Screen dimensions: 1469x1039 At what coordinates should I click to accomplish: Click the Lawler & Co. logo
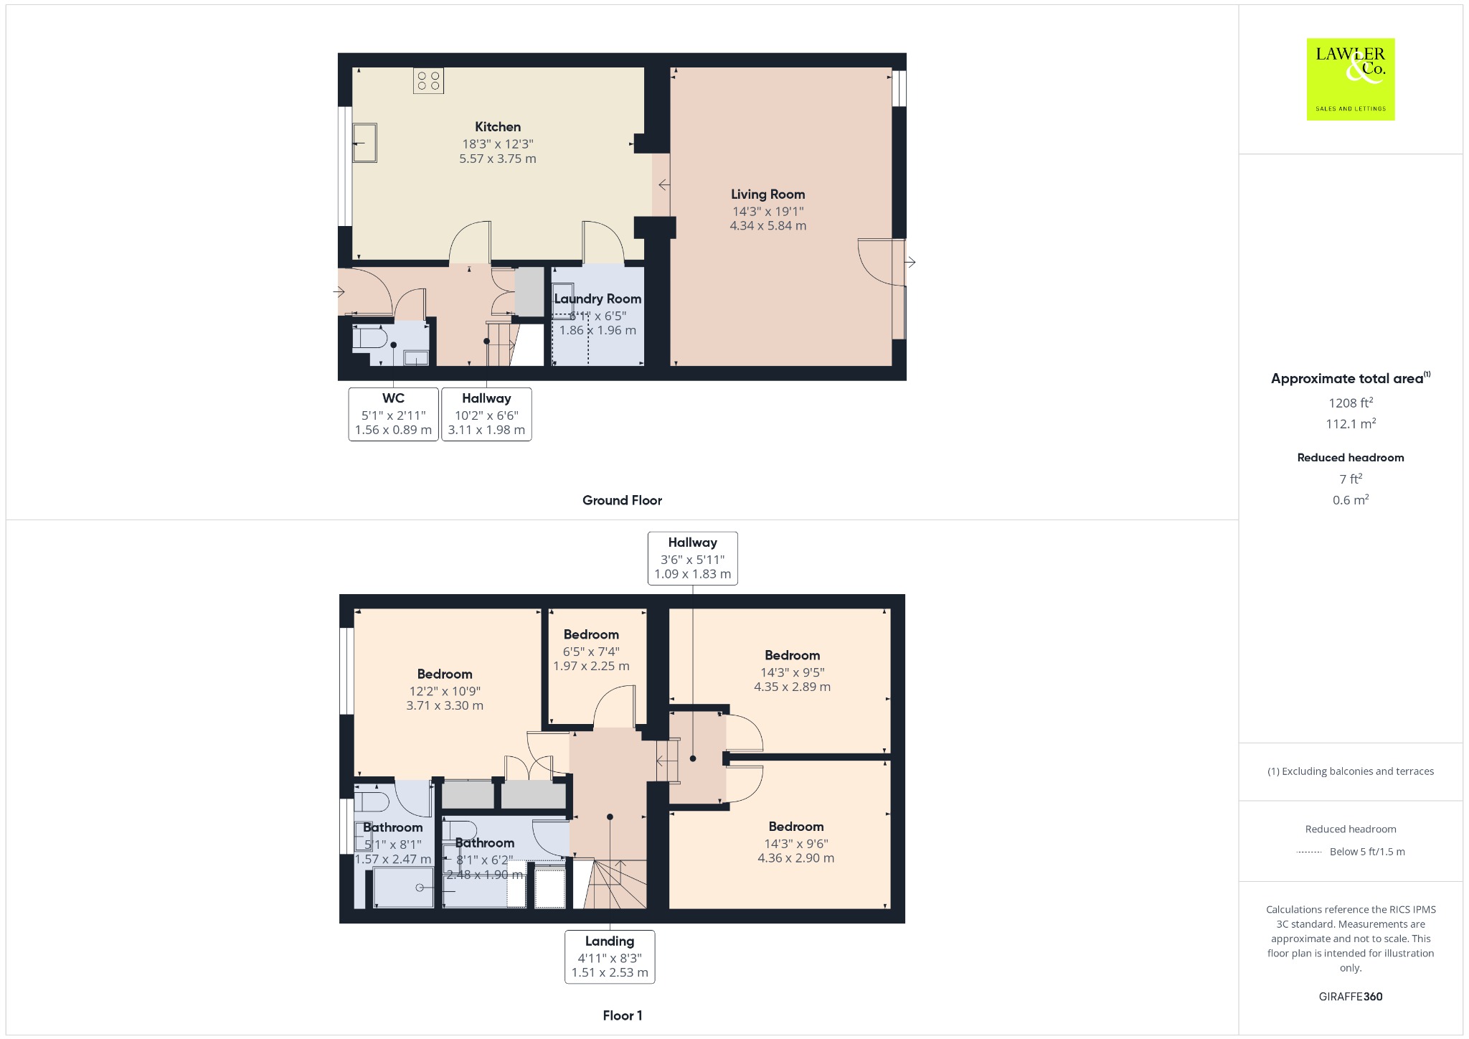click(1350, 79)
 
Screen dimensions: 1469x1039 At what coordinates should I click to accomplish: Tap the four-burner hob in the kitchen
click(428, 80)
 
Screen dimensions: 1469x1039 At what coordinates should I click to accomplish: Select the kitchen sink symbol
click(364, 142)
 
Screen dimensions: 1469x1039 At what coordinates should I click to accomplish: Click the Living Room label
click(767, 194)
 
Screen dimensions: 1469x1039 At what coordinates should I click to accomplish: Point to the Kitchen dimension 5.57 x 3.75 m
click(498, 159)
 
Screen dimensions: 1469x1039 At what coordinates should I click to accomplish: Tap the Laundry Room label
click(597, 298)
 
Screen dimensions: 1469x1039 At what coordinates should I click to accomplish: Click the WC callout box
click(393, 414)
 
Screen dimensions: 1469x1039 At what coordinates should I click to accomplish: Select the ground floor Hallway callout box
click(486, 414)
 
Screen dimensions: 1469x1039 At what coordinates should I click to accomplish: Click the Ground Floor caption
click(622, 500)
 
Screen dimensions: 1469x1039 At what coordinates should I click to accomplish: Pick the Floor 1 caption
click(623, 1015)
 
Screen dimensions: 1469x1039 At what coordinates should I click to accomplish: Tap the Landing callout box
click(610, 956)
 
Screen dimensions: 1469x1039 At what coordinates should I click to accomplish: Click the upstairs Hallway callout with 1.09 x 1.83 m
click(692, 558)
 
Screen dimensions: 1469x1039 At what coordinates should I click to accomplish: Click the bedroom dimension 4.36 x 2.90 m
click(796, 857)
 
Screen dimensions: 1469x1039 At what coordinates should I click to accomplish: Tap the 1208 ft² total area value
click(1351, 403)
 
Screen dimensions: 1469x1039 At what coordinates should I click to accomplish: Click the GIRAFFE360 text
click(1351, 996)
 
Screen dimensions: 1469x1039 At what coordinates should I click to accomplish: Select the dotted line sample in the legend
click(1309, 852)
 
